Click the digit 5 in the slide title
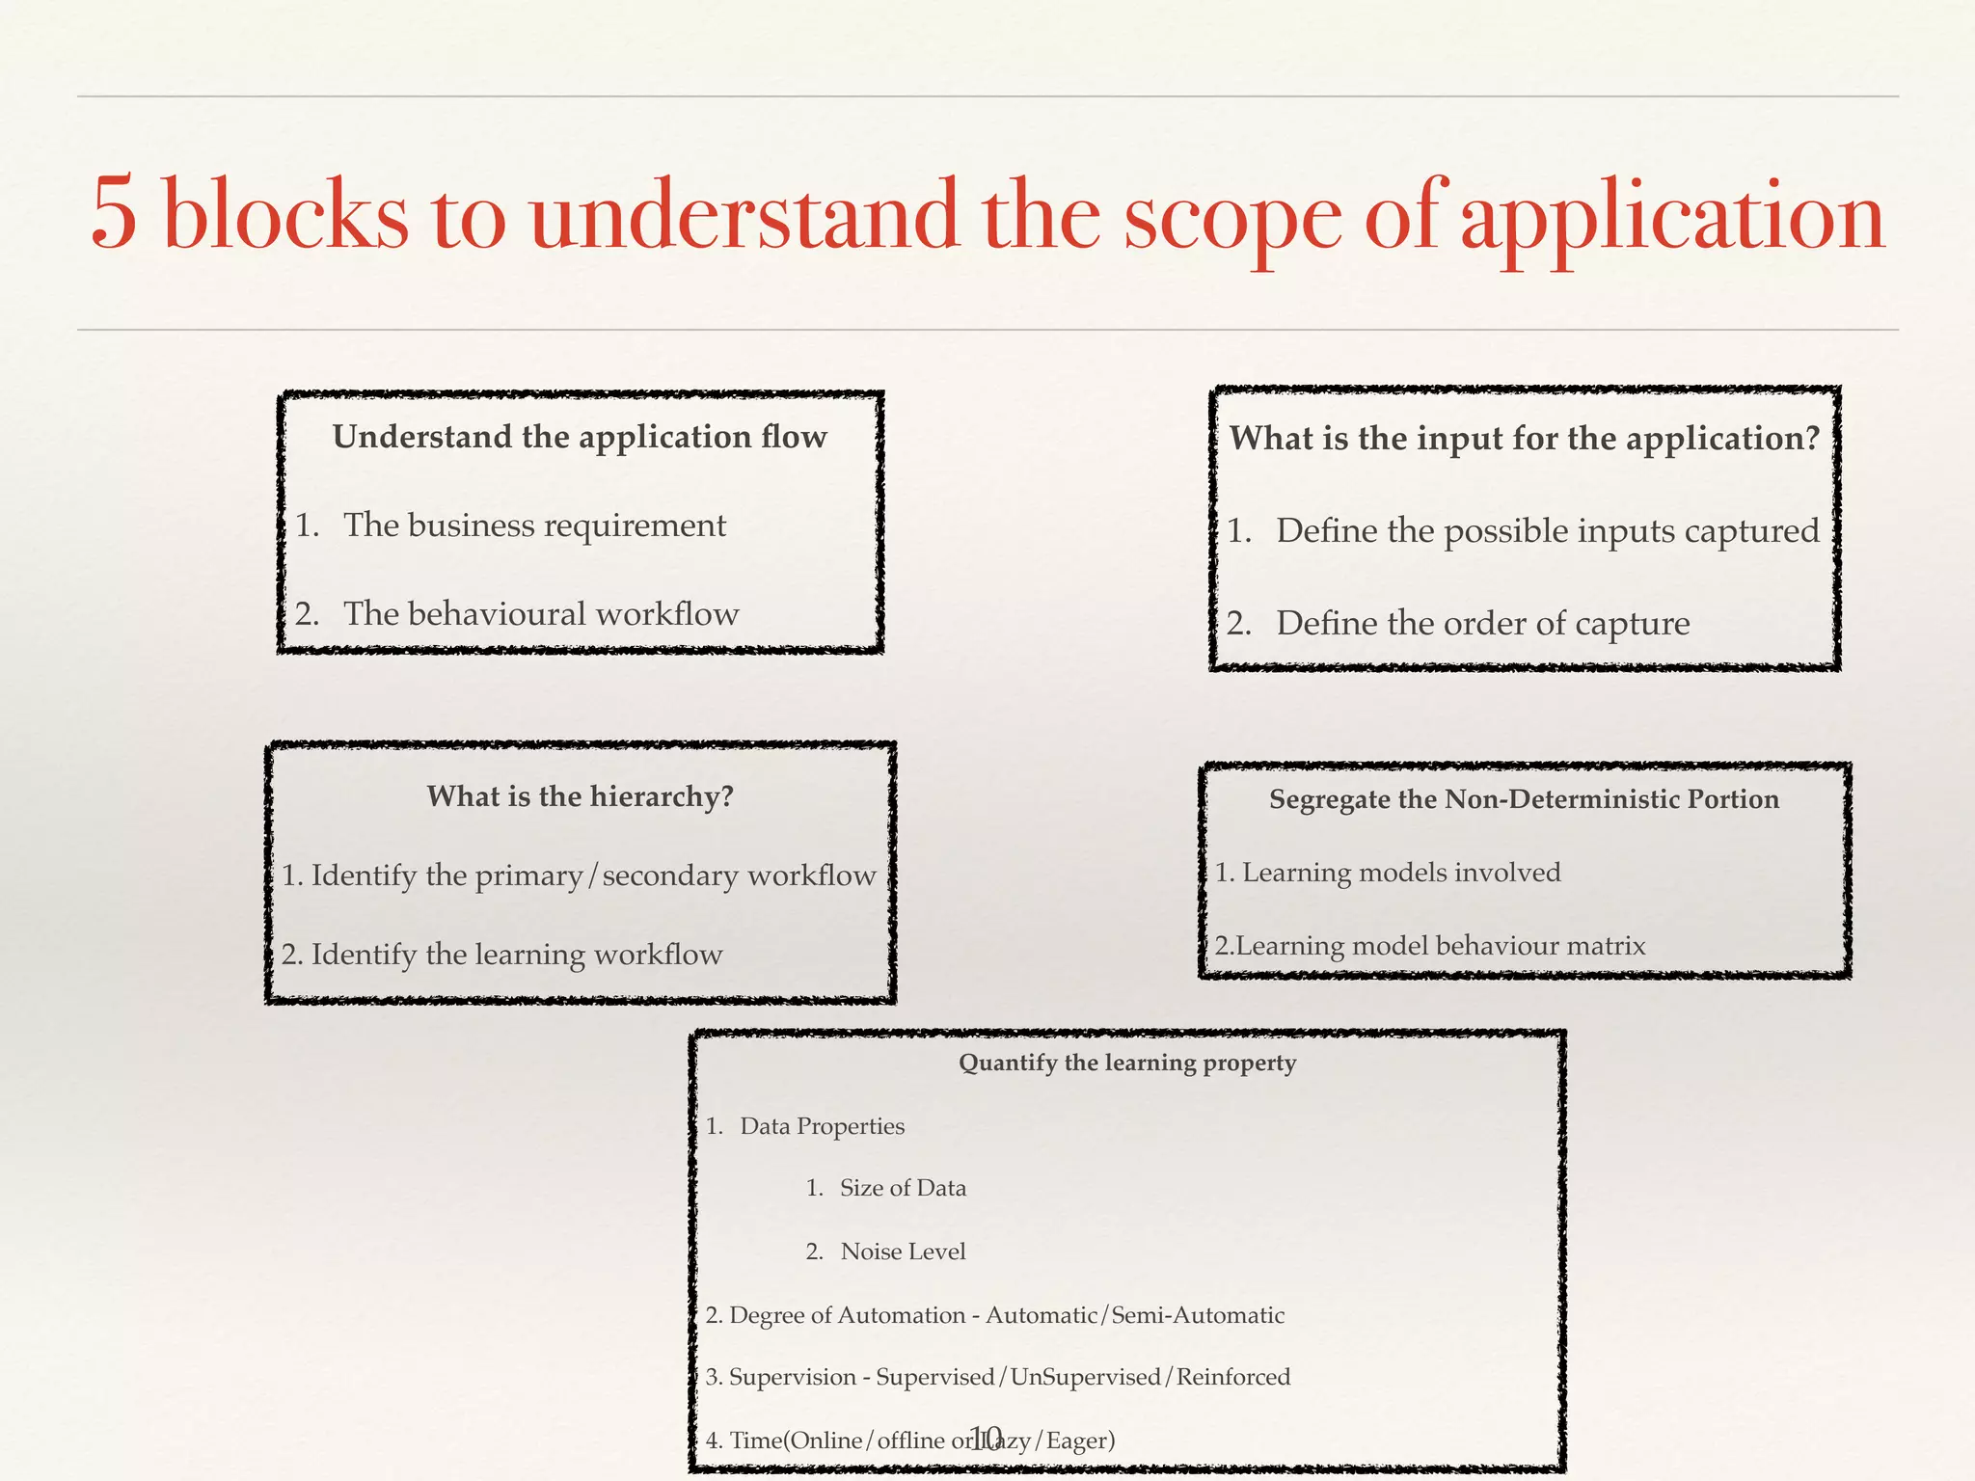[114, 213]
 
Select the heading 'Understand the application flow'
[580, 438]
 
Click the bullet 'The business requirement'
[534, 525]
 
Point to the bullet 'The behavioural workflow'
[541, 614]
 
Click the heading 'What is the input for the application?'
[1524, 440]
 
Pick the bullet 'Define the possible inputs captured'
[1547, 531]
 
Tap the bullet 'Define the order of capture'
[1482, 624]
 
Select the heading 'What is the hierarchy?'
[580, 796]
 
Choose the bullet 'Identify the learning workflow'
[516, 955]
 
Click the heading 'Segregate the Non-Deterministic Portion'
[1524, 799]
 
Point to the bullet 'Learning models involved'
[1400, 873]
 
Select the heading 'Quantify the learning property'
[1126, 1063]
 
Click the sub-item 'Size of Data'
[903, 1188]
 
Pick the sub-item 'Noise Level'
[903, 1252]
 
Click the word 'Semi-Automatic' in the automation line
[1198, 1315]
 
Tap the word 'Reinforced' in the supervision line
[1232, 1377]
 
